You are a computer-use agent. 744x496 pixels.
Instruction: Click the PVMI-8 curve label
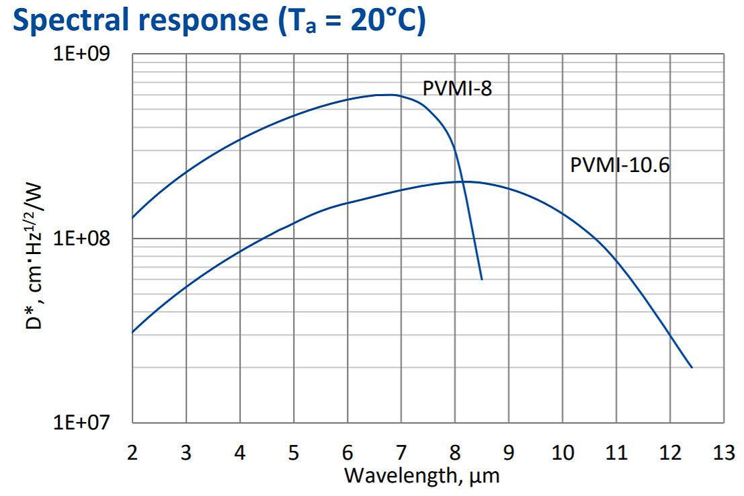457,88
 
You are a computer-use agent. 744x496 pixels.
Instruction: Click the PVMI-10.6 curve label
620,165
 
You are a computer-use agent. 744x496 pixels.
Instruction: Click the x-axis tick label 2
132,452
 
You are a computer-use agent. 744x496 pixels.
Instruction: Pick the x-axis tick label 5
293,452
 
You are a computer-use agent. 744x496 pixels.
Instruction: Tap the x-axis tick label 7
401,452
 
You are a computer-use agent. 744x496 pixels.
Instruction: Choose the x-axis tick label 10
562,452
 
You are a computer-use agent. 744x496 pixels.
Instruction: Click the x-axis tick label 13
723,452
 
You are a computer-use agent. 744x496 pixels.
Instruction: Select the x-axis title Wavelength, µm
422,475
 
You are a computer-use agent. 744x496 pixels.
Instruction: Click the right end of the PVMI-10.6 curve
692,368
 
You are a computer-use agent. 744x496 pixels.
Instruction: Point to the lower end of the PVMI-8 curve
482,279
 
